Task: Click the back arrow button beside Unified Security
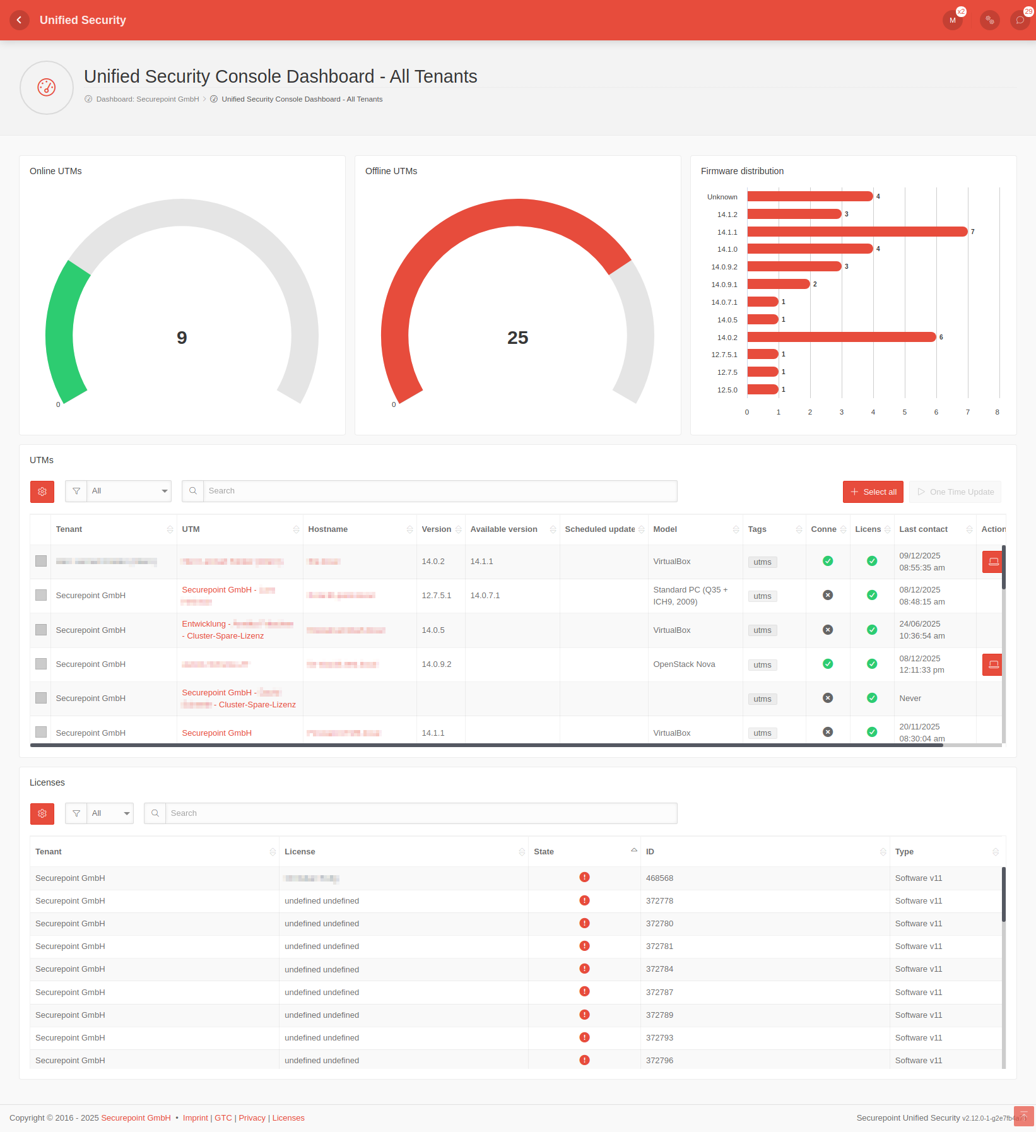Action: [20, 20]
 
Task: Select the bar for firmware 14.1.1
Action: [857, 232]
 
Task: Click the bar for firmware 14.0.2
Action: [841, 337]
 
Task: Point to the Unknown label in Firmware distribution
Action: [722, 197]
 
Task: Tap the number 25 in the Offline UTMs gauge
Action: [517, 338]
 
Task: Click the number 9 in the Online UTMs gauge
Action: [182, 338]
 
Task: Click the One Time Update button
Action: [955, 492]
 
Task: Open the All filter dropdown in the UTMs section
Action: [129, 491]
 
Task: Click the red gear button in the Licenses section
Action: [42, 813]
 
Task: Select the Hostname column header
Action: [328, 529]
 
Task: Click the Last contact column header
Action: [923, 529]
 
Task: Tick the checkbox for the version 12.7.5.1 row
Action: [41, 595]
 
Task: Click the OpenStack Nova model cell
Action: [684, 664]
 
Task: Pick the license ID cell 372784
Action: [659, 969]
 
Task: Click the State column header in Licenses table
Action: [544, 852]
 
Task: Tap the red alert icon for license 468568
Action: [584, 877]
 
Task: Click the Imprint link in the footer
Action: [195, 1118]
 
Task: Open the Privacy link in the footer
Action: [252, 1118]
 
